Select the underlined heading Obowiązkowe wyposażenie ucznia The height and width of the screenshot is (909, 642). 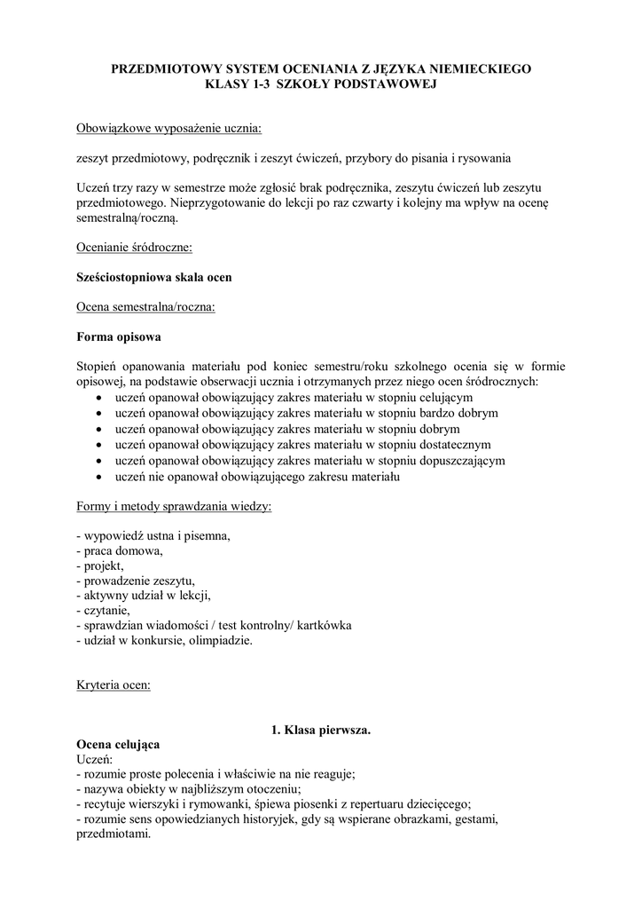pyautogui.click(x=169, y=129)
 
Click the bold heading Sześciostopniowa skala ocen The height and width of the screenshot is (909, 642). pyautogui.click(x=154, y=277)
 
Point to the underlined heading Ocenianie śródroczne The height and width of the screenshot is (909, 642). pyautogui.click(x=135, y=247)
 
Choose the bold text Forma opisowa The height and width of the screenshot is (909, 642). pyautogui.click(x=120, y=337)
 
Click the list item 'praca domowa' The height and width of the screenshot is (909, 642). pyautogui.click(x=123, y=551)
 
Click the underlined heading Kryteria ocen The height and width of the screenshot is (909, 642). pyautogui.click(x=114, y=684)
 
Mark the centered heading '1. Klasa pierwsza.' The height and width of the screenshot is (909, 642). pyautogui.click(x=320, y=730)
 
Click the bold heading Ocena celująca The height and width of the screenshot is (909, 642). pyautogui.click(x=119, y=745)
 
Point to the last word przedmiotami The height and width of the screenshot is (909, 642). pyautogui.click(x=114, y=835)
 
